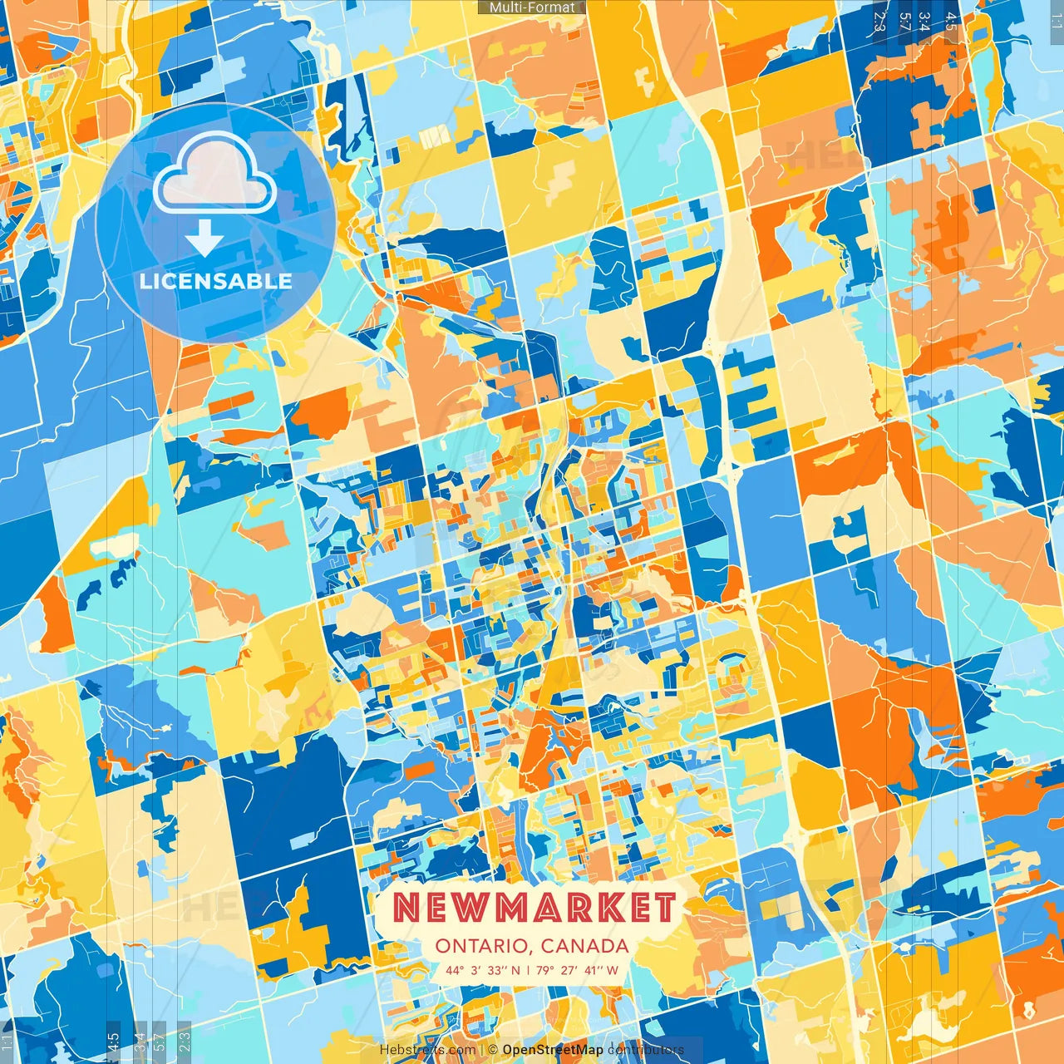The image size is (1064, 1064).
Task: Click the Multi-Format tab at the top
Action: [x=532, y=7]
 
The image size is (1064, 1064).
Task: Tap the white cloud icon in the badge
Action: [x=214, y=173]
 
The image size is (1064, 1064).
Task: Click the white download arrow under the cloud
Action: [x=204, y=239]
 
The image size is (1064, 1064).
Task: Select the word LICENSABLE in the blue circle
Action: [x=215, y=281]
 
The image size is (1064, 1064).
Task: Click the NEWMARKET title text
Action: [x=534, y=909]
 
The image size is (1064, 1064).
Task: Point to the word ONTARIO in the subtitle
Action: [x=481, y=946]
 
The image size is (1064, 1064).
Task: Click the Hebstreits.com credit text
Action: [x=427, y=1050]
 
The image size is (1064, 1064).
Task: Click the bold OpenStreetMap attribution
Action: [x=553, y=1050]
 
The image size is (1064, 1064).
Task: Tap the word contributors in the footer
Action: [x=646, y=1050]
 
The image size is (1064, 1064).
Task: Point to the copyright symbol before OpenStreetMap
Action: [x=493, y=1050]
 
